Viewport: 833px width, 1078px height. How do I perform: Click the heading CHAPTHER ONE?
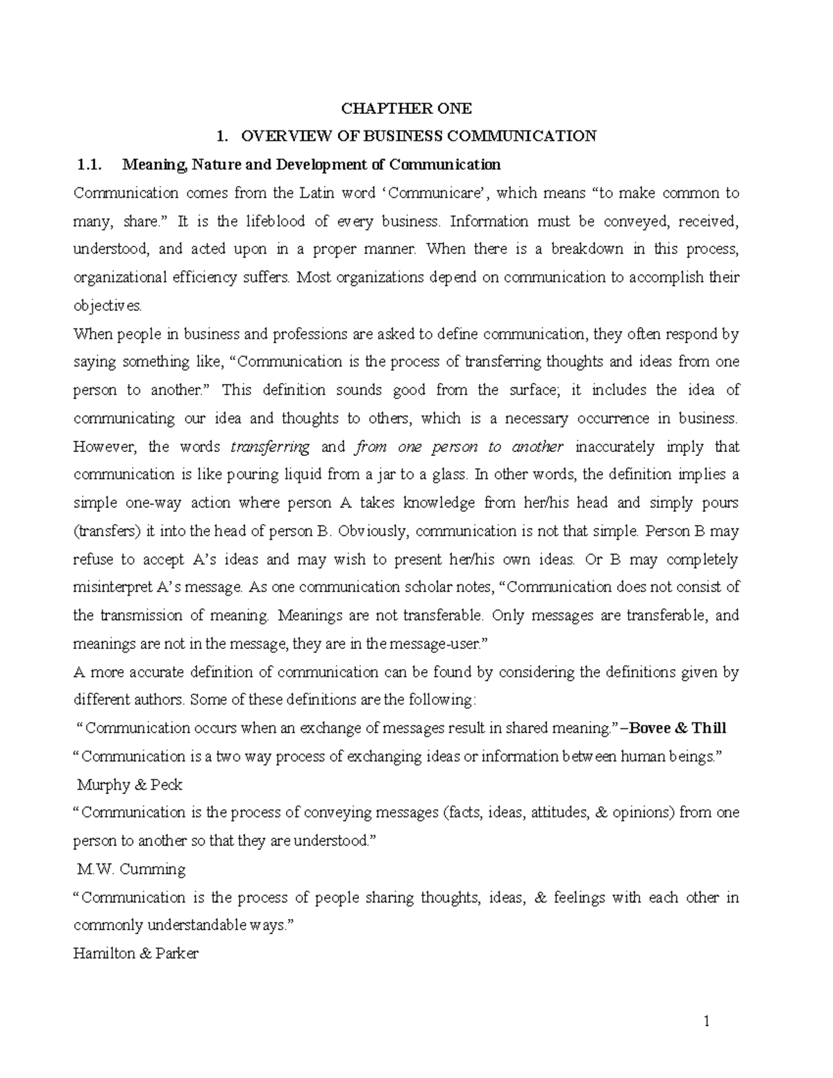pos(406,108)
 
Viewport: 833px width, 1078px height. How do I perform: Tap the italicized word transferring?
pos(270,447)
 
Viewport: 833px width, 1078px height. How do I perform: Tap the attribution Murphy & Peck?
pos(130,785)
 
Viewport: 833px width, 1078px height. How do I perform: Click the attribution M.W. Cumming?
pos(131,869)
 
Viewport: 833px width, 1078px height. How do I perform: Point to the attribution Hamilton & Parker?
pos(135,954)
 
